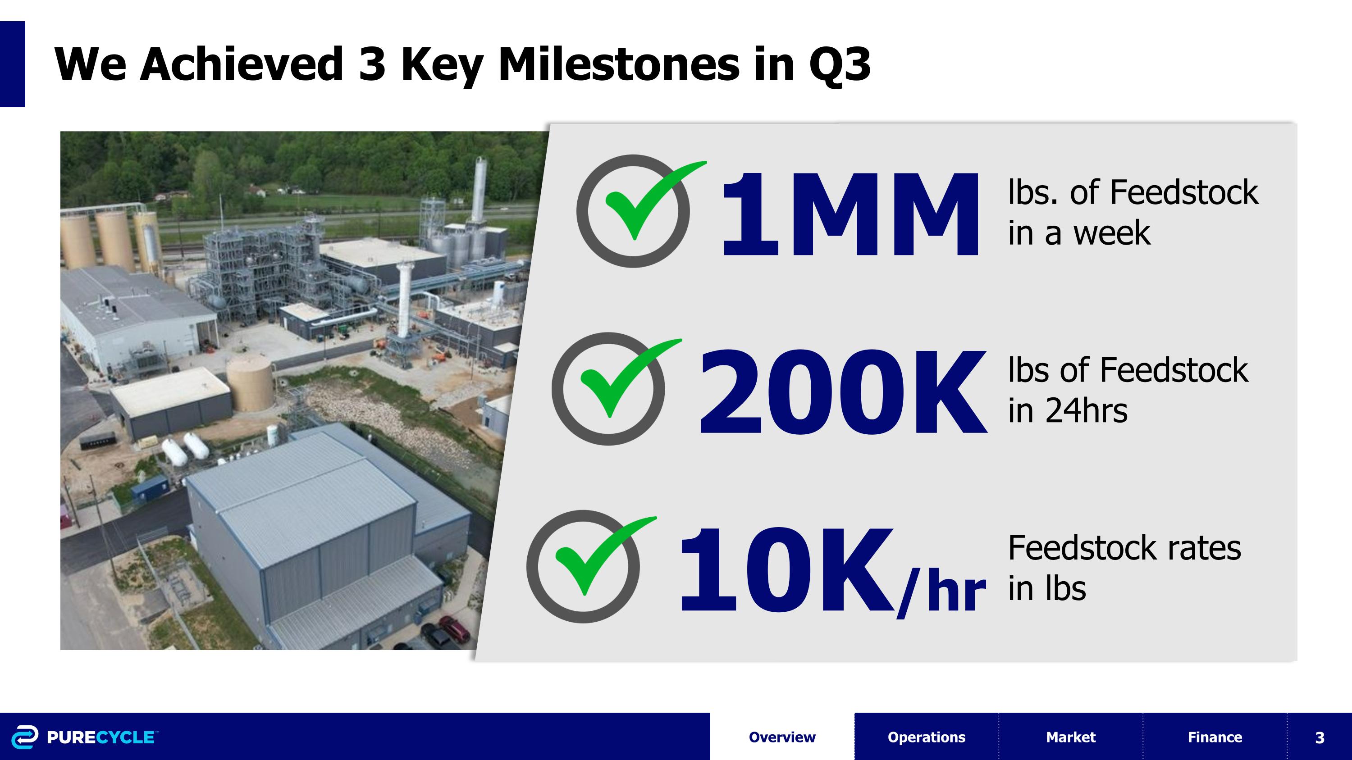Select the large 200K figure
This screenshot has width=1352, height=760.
pyautogui.click(x=842, y=392)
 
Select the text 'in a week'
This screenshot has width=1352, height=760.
pyautogui.click(x=1078, y=233)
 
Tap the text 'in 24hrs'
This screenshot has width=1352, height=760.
pyautogui.click(x=1067, y=411)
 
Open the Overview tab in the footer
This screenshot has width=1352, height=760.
pyautogui.click(x=782, y=737)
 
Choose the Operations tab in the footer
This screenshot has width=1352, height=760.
pyautogui.click(x=927, y=737)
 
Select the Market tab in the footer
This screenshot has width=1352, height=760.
pyautogui.click(x=1071, y=737)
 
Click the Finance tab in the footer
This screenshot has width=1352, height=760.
pyautogui.click(x=1215, y=737)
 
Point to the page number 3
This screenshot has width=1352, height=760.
pyautogui.click(x=1320, y=737)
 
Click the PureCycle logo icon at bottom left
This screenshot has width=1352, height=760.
pyautogui.click(x=25, y=737)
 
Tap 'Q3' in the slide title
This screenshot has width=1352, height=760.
pyautogui.click(x=839, y=64)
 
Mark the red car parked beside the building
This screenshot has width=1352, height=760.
pyautogui.click(x=455, y=629)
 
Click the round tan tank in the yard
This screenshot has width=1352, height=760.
pyautogui.click(x=250, y=383)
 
